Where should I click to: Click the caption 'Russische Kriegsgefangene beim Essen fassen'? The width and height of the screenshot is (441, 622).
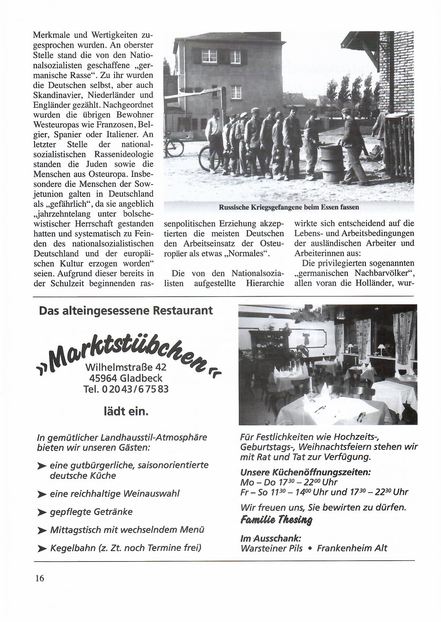(289, 207)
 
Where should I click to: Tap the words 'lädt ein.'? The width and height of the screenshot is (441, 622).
(126, 412)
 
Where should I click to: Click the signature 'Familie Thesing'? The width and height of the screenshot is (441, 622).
(276, 520)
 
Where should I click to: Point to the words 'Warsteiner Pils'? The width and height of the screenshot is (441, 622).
(271, 549)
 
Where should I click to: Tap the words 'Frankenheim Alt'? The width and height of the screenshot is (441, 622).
(352, 549)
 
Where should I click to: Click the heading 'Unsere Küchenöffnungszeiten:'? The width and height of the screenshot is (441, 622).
(305, 472)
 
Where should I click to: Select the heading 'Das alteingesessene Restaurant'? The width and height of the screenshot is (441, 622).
(126, 311)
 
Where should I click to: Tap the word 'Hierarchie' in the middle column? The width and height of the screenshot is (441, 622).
(265, 283)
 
